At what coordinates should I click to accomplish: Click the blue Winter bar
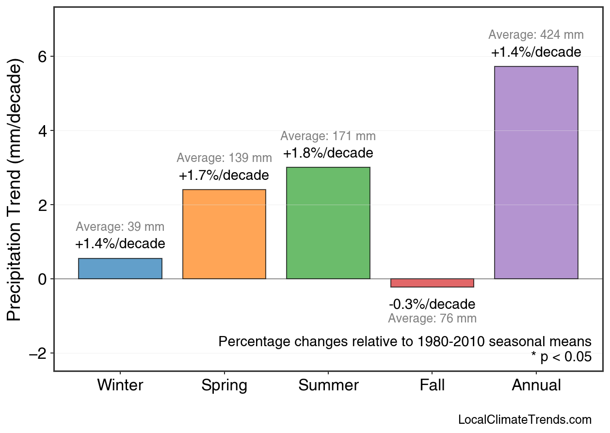pos(120,269)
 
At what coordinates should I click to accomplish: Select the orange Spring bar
pos(224,234)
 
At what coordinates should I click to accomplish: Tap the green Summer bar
pos(328,223)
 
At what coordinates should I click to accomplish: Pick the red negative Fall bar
pos(432,283)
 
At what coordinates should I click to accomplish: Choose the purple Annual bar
pos(536,173)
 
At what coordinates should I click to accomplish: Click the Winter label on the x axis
pos(120,385)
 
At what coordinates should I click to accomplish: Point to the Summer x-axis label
pos(328,385)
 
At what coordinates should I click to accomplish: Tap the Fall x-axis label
pos(432,385)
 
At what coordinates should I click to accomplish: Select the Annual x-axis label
pos(536,385)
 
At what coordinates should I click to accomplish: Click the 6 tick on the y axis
pos(43,57)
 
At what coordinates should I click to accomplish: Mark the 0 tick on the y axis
pos(43,279)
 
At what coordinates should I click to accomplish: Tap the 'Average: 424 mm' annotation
pos(536,35)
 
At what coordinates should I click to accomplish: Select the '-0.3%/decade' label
pos(432,305)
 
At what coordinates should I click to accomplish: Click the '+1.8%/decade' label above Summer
pos(328,153)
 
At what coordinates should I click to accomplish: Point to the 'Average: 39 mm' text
pos(120,227)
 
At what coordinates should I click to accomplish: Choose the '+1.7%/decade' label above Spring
pos(224,176)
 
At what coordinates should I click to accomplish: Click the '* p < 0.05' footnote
pos(561,357)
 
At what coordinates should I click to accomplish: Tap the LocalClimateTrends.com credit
pos(525,420)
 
